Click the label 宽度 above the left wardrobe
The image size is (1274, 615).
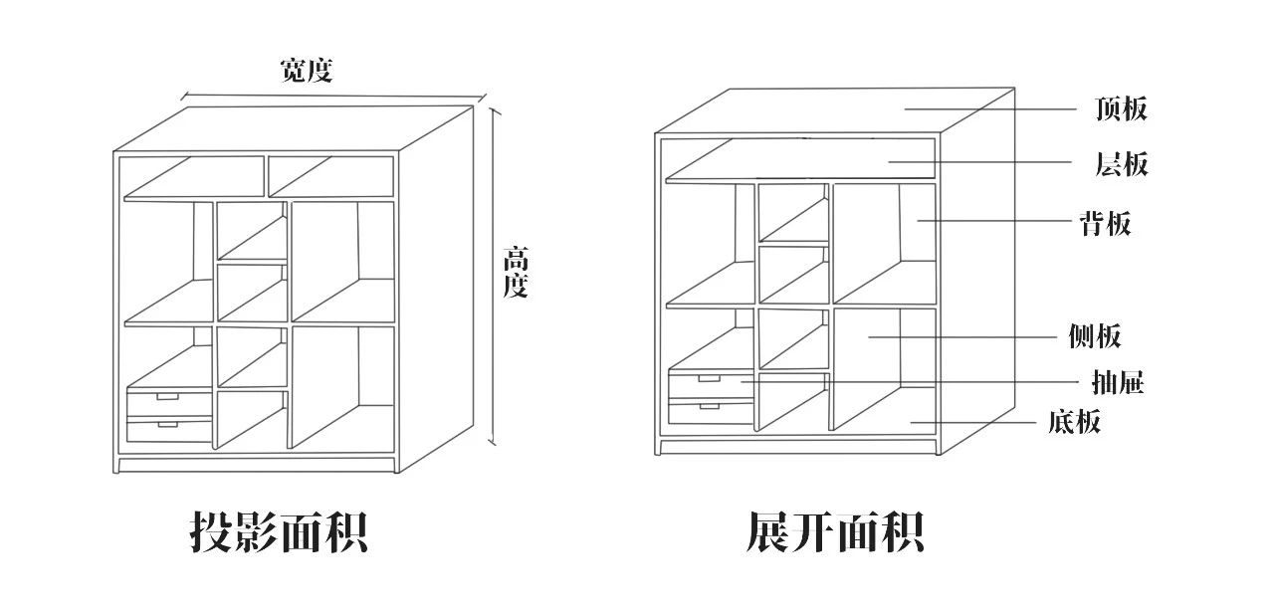[306, 71]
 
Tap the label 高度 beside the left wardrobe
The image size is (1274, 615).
[515, 273]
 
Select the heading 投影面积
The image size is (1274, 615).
[279, 532]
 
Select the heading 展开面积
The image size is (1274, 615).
[835, 532]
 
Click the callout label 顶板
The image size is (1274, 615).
[1121, 108]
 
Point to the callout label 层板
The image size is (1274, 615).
[1121, 164]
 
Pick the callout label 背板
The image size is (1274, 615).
[1105, 223]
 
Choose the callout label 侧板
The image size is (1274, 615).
[1094, 337]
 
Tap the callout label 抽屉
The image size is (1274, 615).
[1118, 382]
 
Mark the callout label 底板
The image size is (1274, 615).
[1074, 422]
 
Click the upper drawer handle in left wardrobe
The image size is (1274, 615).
[167, 397]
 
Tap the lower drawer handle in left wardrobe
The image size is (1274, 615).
[167, 425]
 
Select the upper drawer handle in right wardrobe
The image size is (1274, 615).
[709, 378]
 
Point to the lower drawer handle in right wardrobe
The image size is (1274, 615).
[709, 406]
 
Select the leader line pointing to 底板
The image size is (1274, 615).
[975, 423]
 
